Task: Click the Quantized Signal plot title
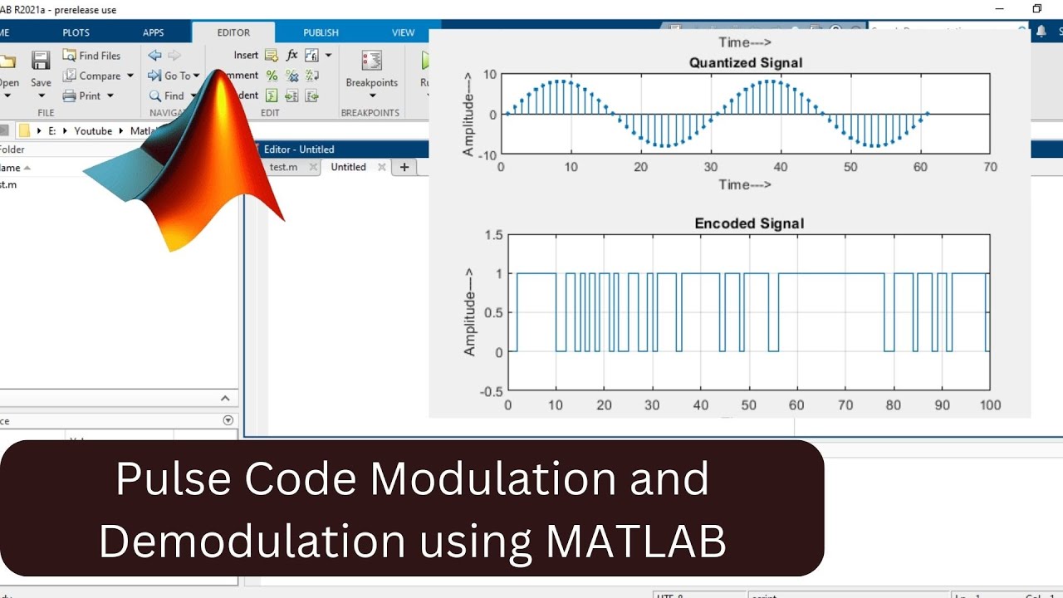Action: click(x=747, y=63)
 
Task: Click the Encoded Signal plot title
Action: click(x=749, y=223)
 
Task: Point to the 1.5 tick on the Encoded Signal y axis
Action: click(x=493, y=235)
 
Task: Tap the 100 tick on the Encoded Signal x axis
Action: click(x=990, y=405)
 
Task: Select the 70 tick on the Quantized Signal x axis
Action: click(x=990, y=167)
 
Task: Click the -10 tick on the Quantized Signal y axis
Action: click(x=487, y=154)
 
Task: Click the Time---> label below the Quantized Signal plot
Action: click(x=745, y=184)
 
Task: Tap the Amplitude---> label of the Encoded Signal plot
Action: click(x=470, y=312)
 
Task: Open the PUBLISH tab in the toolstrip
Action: click(x=321, y=33)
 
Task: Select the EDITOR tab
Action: click(x=233, y=33)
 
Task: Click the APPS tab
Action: click(x=154, y=33)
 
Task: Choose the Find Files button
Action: click(x=92, y=56)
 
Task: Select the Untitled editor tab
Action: click(x=348, y=167)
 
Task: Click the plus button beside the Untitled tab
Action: click(x=404, y=167)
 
